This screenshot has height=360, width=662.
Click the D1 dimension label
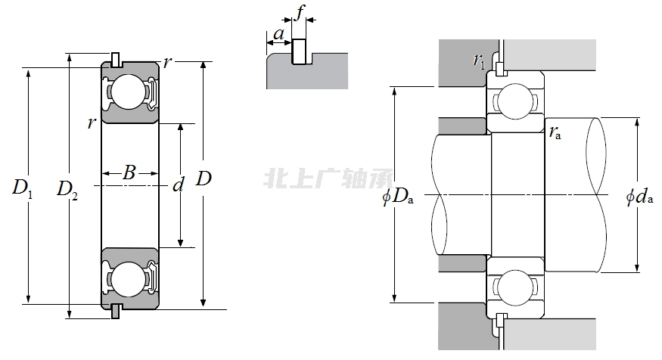(x=22, y=188)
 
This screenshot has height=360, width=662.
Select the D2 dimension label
(x=67, y=188)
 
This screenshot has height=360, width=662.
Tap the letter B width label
(x=129, y=173)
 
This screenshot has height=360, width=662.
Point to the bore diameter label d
(x=179, y=185)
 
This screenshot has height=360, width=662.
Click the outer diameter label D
(x=204, y=179)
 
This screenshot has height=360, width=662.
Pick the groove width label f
(x=300, y=13)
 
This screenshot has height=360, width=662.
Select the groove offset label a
(x=278, y=34)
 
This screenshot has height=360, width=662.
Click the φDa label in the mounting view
(x=396, y=198)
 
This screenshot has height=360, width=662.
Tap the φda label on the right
(x=639, y=198)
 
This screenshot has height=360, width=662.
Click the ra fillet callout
(x=555, y=134)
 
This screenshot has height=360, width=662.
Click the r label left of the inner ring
(x=91, y=123)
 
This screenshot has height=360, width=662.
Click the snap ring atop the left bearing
(x=115, y=59)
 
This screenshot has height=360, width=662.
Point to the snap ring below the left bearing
(x=115, y=311)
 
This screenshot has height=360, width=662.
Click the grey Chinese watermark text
(x=328, y=179)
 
